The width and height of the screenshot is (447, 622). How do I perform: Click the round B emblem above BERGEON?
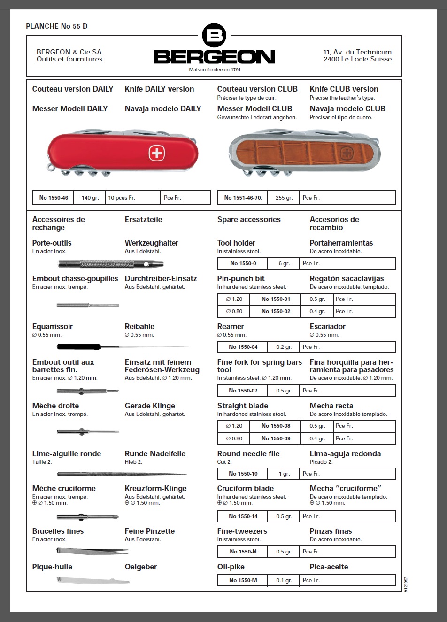(214, 35)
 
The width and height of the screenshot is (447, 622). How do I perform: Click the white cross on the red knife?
(157, 153)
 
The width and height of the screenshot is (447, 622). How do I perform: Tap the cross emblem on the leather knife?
(347, 154)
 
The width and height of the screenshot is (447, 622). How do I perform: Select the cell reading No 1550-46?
(54, 198)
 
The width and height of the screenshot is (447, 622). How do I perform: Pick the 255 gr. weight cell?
(284, 198)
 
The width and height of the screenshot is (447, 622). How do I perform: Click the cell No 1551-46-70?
(243, 198)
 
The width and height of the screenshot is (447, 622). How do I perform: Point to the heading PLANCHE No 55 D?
(57, 26)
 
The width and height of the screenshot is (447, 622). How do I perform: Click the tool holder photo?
(111, 263)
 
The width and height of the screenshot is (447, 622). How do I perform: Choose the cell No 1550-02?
(276, 311)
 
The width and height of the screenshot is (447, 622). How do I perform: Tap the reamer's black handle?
(79, 347)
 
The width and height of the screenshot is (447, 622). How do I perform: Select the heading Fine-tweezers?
(242, 531)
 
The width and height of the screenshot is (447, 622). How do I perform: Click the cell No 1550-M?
(243, 580)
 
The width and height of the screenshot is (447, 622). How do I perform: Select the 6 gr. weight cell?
(284, 263)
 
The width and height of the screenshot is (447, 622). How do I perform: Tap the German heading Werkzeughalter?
(151, 243)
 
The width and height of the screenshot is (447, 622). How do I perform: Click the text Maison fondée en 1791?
(215, 69)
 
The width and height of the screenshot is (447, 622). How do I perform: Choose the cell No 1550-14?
(243, 516)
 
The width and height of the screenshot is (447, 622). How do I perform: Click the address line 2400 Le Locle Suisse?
(357, 59)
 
